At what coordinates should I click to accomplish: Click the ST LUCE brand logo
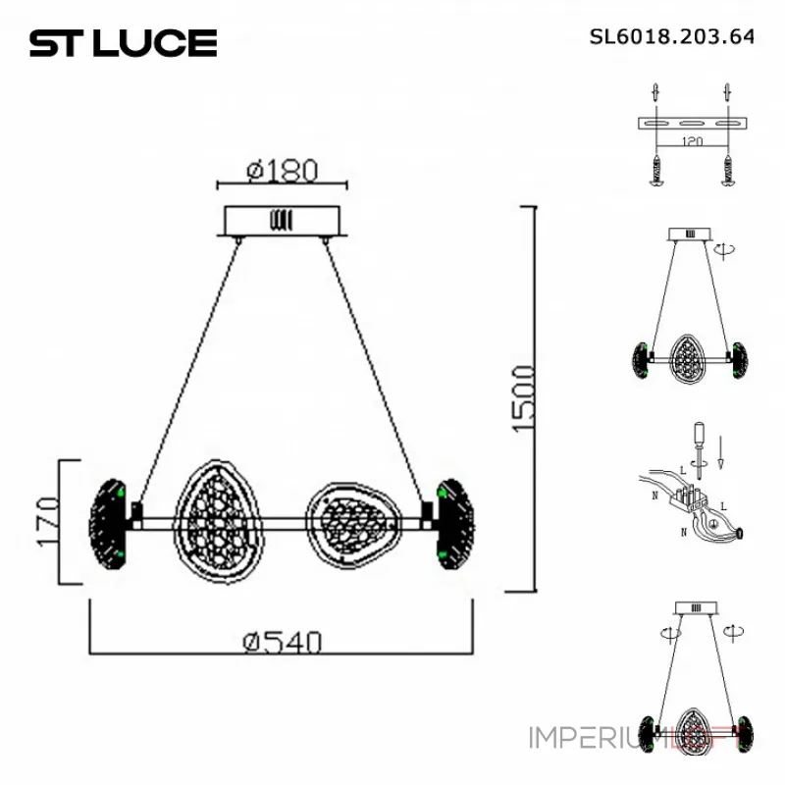click(x=123, y=43)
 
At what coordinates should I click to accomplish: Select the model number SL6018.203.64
click(x=671, y=37)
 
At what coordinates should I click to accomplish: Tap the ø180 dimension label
click(x=283, y=170)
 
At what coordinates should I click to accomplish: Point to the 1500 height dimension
click(x=523, y=397)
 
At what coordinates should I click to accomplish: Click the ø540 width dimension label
click(x=283, y=642)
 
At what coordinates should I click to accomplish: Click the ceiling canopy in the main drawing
click(x=283, y=221)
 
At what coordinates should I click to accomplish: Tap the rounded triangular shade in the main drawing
click(x=351, y=518)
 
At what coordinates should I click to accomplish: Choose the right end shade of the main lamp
click(x=455, y=522)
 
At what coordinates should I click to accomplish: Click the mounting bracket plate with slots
click(x=694, y=125)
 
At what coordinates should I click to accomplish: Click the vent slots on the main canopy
click(x=282, y=220)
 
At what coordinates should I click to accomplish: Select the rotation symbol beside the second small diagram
click(x=727, y=251)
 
